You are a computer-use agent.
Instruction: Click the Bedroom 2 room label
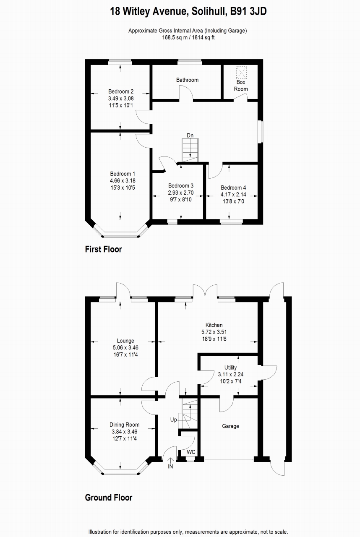tap(121, 91)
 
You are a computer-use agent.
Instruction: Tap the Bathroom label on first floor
tap(187, 80)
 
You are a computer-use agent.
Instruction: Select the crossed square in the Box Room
tap(241, 73)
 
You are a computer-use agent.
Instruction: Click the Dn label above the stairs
tap(190, 136)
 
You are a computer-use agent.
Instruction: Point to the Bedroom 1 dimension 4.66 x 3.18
tap(123, 181)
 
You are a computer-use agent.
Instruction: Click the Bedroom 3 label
tap(181, 185)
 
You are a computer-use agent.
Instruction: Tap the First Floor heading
tap(103, 249)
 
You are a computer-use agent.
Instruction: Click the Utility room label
tap(230, 367)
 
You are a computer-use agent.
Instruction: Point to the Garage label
tap(230, 426)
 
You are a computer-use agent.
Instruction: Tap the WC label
tap(191, 452)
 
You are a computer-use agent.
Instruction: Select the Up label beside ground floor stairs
tap(173, 420)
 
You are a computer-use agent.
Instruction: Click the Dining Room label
tap(125, 425)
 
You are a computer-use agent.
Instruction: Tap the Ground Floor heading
tap(108, 498)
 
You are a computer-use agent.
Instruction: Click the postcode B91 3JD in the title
tap(248, 12)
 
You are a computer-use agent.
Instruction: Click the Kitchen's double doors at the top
tap(204, 291)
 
